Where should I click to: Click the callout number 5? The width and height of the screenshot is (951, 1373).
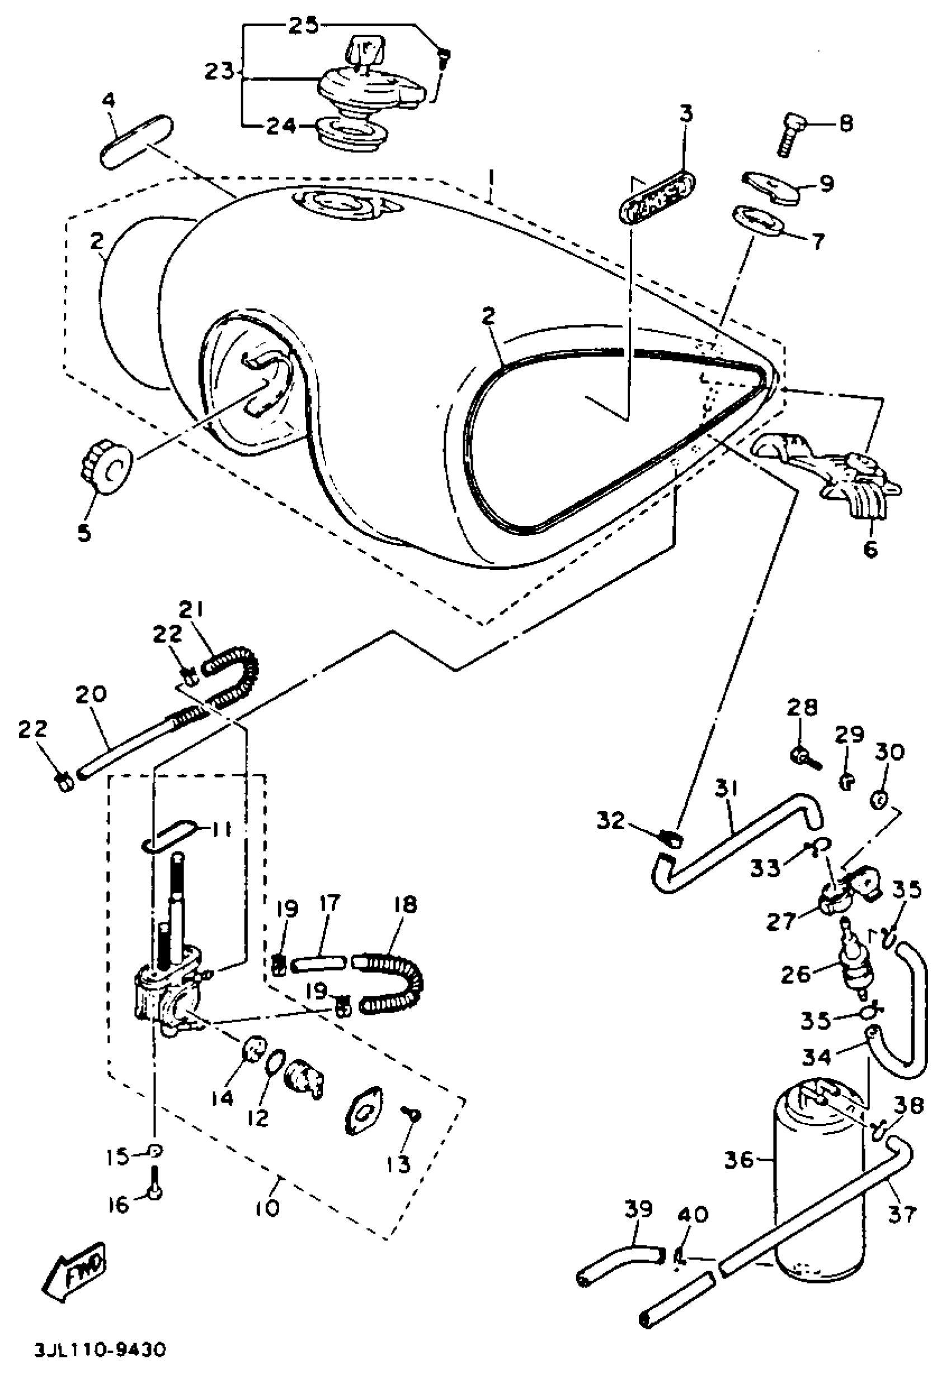tap(84, 532)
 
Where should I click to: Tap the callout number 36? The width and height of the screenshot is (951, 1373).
tap(739, 1161)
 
